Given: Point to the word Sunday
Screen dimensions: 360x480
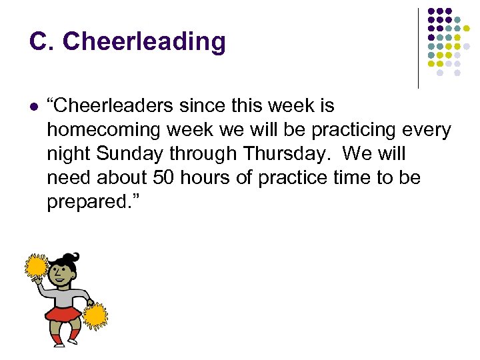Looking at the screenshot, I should [x=129, y=154].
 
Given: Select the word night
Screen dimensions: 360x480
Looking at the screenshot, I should [x=68, y=154].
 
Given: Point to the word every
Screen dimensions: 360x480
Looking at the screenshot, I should [x=427, y=130].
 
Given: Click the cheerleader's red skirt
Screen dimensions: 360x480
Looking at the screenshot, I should [x=63, y=314].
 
